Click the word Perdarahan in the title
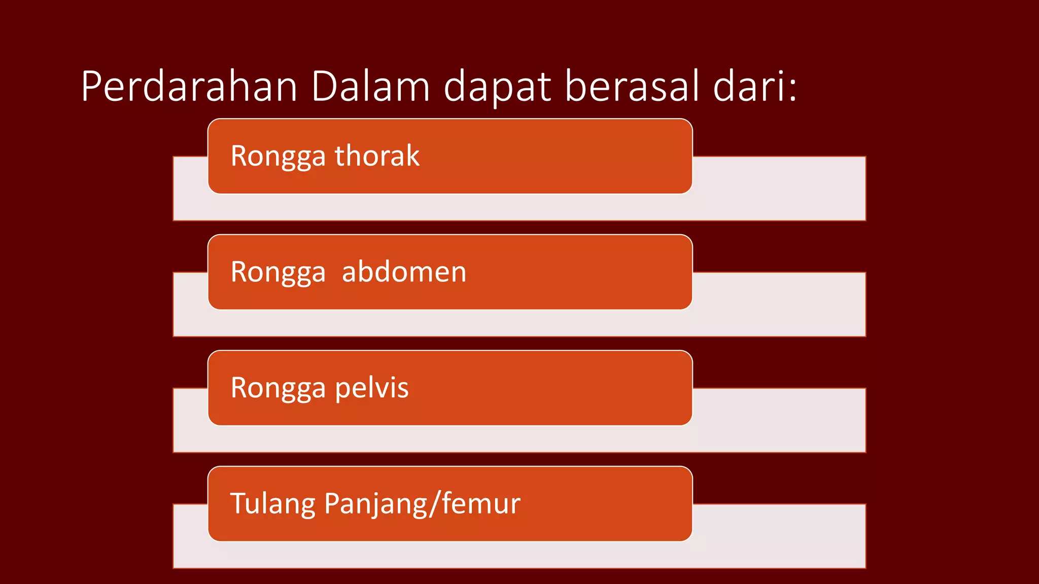point(189,87)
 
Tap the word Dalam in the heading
point(370,87)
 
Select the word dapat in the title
point(497,87)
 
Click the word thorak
point(377,156)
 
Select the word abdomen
point(404,272)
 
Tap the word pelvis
point(371,388)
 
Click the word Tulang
point(273,504)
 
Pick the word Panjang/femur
point(422,504)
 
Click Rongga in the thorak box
point(278,156)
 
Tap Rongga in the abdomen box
point(278,272)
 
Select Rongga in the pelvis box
point(278,388)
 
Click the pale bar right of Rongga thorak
point(779,188)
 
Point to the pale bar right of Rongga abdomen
point(779,304)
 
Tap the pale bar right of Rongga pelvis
point(779,420)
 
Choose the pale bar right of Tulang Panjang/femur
point(779,536)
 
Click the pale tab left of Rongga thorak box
point(190,188)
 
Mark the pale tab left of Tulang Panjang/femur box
point(190,536)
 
